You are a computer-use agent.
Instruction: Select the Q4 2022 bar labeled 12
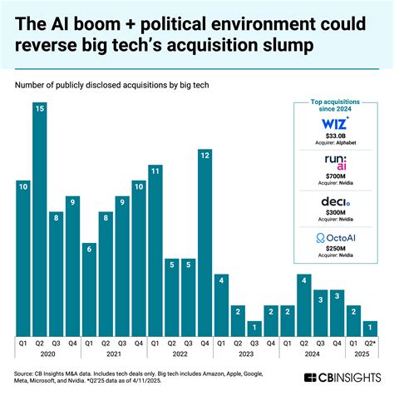coord(204,241)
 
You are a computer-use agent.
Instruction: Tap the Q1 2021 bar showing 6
coord(89,288)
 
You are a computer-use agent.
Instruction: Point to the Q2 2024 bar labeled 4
coord(304,304)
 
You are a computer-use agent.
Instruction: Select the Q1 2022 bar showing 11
coord(155,250)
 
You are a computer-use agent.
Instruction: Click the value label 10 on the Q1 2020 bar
coord(22,186)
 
